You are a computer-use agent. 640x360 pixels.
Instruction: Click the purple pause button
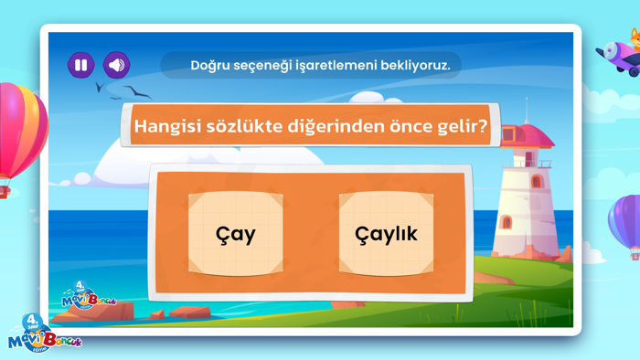tap(81, 65)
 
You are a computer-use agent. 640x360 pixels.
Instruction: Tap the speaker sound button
tap(116, 65)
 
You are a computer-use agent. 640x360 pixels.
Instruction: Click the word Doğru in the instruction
tap(212, 65)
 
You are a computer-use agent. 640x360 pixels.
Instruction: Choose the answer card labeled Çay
tap(235, 233)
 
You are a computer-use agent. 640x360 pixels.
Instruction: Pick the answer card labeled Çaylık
tap(386, 233)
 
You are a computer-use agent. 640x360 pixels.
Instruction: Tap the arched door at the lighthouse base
tap(507, 223)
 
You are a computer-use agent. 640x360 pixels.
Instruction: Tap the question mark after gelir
tap(483, 126)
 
